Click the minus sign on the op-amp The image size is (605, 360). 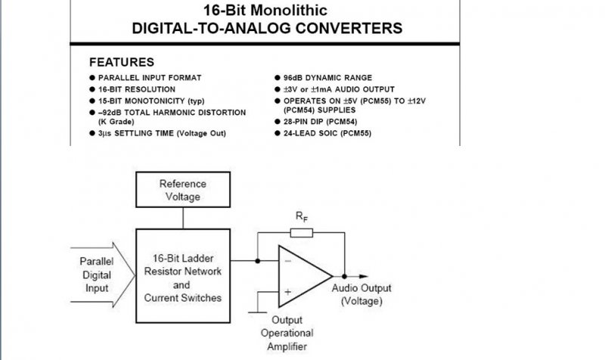click(288, 261)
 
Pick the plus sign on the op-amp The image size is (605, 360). click(288, 290)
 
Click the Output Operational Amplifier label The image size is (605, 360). click(287, 333)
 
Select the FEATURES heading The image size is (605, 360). click(122, 62)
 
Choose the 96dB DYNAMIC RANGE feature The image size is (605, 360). click(328, 78)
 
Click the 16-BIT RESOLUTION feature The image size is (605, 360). click(136, 89)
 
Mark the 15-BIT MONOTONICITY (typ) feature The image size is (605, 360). click(150, 101)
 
